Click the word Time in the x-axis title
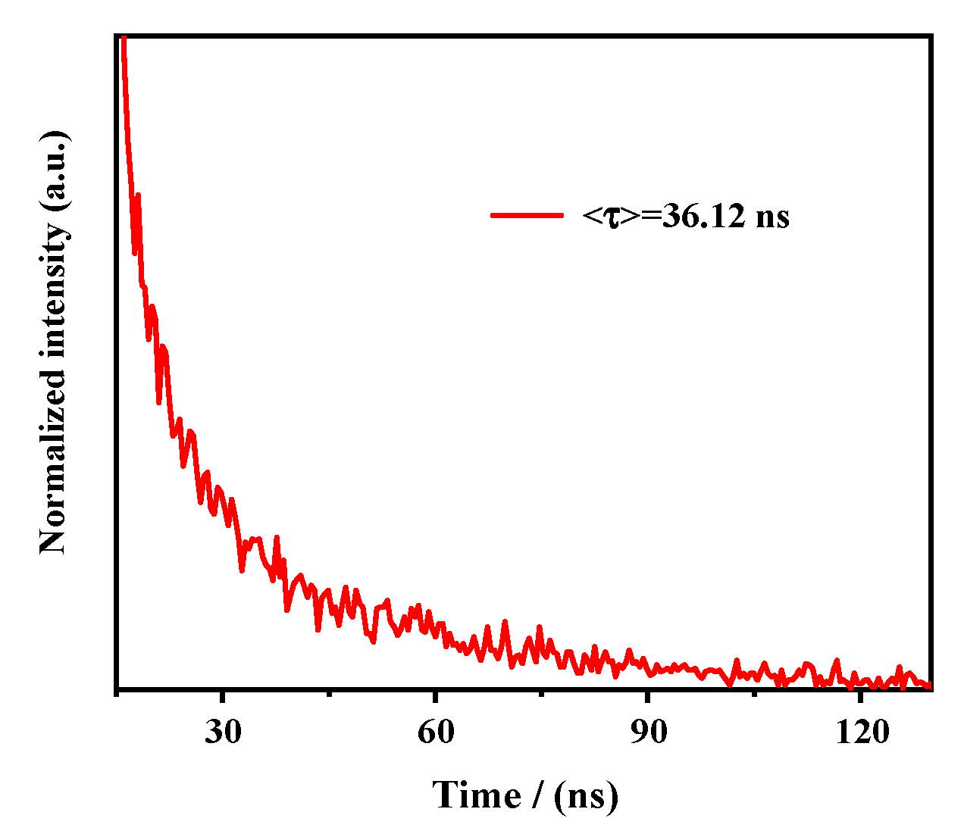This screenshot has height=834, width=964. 476,795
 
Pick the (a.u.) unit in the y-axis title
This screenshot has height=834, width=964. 53,170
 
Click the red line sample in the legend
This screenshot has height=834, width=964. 527,216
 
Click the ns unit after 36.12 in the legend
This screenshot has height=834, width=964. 774,217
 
